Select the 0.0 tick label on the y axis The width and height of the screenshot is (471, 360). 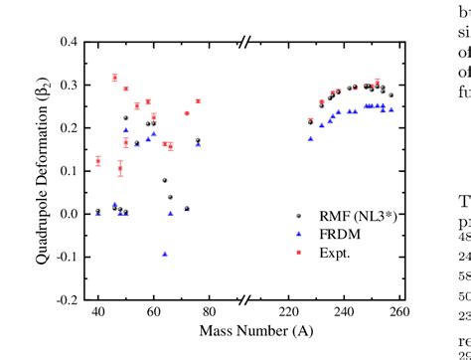[x=70, y=214]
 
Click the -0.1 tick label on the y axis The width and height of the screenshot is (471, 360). [x=68, y=257]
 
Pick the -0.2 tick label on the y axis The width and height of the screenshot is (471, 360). [x=68, y=299]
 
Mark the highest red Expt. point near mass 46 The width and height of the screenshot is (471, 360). [x=114, y=78]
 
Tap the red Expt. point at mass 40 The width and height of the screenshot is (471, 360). [x=97, y=161]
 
